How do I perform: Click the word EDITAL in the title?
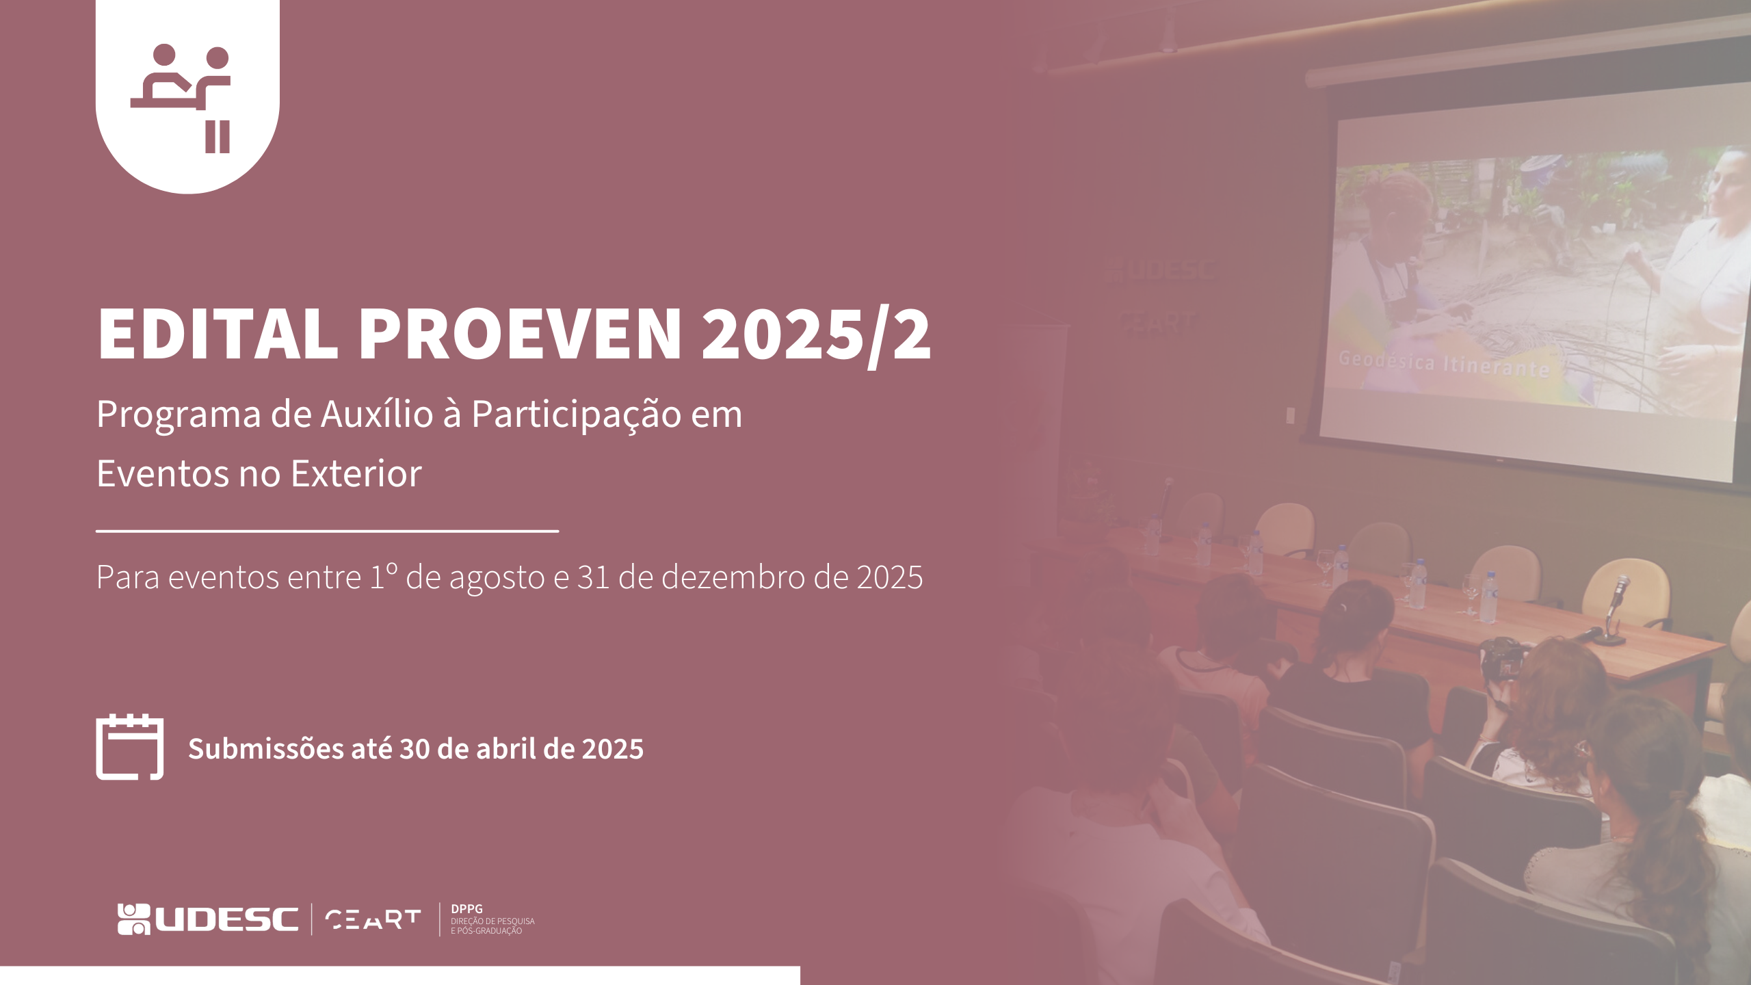218,333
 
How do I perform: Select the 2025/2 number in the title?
816,335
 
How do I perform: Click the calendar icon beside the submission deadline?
130,747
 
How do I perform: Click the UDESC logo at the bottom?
208,919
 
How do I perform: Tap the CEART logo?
373,919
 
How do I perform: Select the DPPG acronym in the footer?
466,909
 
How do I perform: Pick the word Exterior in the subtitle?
356,473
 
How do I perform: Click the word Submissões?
265,749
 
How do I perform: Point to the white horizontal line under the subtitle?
328,530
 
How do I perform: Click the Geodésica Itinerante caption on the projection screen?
1444,363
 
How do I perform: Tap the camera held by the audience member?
1502,658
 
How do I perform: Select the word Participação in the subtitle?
577,415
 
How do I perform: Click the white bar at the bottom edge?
400,975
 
